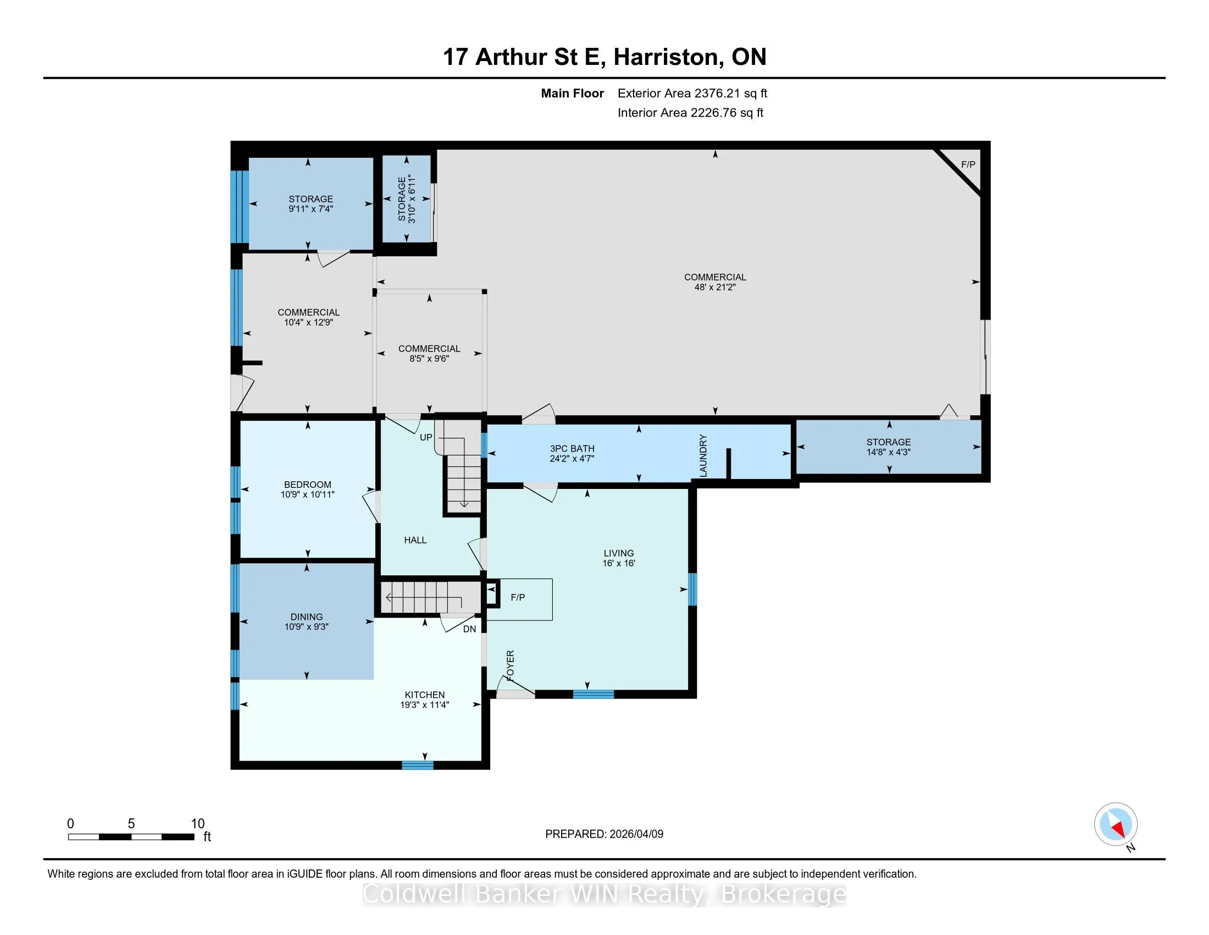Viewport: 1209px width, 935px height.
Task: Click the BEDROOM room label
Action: coord(308,485)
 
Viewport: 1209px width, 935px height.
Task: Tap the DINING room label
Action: coord(307,617)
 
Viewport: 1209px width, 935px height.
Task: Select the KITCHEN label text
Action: coord(425,695)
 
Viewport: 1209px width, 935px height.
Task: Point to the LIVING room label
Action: coord(619,553)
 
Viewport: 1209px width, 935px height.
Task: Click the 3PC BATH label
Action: coord(573,449)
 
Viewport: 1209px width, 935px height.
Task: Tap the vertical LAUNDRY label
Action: coord(703,456)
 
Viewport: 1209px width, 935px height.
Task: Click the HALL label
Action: coord(415,540)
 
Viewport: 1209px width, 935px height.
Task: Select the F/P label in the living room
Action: coord(518,597)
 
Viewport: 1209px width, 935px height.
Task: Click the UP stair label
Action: coord(426,437)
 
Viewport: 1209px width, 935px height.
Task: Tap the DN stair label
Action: coord(469,629)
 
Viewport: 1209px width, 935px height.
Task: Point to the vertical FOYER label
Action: coord(511,666)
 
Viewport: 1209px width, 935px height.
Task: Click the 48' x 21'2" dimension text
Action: coord(715,287)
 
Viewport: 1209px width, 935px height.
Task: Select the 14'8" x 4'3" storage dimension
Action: coord(889,452)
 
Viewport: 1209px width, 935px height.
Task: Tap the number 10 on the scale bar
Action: coord(198,824)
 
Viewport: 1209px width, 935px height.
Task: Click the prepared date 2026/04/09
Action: coord(636,834)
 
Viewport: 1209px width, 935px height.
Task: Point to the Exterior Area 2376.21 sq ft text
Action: coord(692,94)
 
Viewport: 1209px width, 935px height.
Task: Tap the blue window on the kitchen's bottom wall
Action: coord(418,766)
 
